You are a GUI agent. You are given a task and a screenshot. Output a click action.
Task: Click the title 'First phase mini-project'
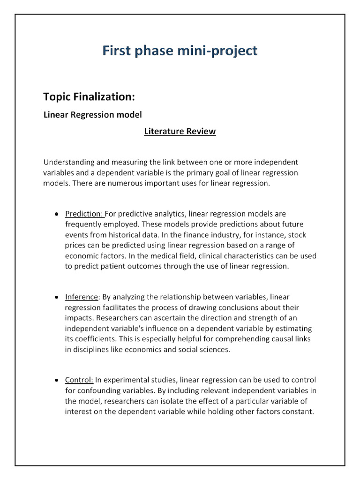click(180, 51)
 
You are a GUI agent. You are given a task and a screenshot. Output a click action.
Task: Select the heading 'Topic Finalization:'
click(89, 97)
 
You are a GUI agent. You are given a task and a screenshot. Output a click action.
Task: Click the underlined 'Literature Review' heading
click(180, 131)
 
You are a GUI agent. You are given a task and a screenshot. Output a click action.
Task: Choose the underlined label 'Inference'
click(82, 297)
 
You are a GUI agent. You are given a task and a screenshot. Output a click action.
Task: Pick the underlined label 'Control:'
click(79, 380)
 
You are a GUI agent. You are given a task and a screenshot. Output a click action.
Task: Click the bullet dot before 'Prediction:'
click(56, 214)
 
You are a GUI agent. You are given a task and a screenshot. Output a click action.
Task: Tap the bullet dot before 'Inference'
click(56, 297)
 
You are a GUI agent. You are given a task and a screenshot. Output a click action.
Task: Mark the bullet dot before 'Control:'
click(56, 380)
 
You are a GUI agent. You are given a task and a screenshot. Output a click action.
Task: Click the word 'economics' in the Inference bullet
click(139, 349)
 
